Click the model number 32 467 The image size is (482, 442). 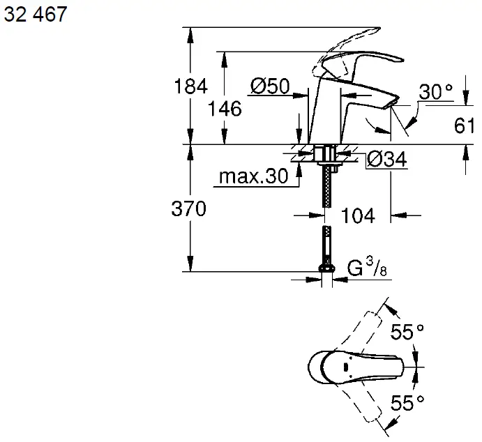[36, 15]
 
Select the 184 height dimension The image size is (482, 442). [190, 86]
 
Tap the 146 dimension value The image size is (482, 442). [225, 108]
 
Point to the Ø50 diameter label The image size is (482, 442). [269, 86]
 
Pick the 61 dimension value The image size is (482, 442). [465, 126]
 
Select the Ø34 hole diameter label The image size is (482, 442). [386, 160]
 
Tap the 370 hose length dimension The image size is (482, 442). [189, 208]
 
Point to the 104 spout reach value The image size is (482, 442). [359, 216]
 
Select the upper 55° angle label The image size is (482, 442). [407, 333]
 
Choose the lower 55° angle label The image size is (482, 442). [407, 402]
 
